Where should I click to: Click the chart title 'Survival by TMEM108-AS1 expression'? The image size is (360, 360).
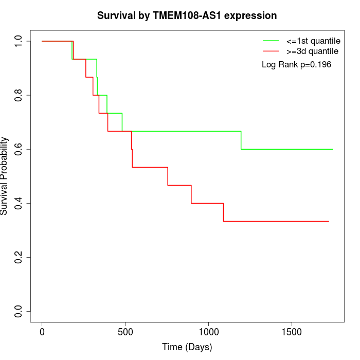[x=187, y=15]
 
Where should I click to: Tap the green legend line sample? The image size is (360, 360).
[x=271, y=41]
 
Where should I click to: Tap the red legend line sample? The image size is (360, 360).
[x=271, y=51]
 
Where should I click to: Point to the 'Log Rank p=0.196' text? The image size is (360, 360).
[x=296, y=64]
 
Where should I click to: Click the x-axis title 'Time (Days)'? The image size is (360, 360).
[x=187, y=347]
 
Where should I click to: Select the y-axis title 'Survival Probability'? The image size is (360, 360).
[x=5, y=176]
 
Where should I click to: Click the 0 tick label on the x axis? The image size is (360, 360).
[x=42, y=331]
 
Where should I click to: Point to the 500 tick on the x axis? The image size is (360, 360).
[x=125, y=331]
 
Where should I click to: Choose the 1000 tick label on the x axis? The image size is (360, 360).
[x=209, y=331]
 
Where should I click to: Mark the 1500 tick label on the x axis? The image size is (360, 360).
[x=292, y=331]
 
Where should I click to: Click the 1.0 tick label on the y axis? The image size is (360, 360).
[x=19, y=41]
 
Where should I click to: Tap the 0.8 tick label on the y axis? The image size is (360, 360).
[x=19, y=95]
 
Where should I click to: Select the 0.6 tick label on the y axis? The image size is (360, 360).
[x=19, y=149]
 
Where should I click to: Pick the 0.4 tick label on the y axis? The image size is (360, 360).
[x=19, y=203]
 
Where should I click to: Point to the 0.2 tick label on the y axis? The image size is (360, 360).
[x=19, y=257]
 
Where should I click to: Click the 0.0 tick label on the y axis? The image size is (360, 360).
[x=19, y=311]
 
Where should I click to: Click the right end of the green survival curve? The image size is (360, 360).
[x=333, y=149]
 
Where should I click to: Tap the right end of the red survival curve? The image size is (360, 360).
[x=329, y=221]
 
